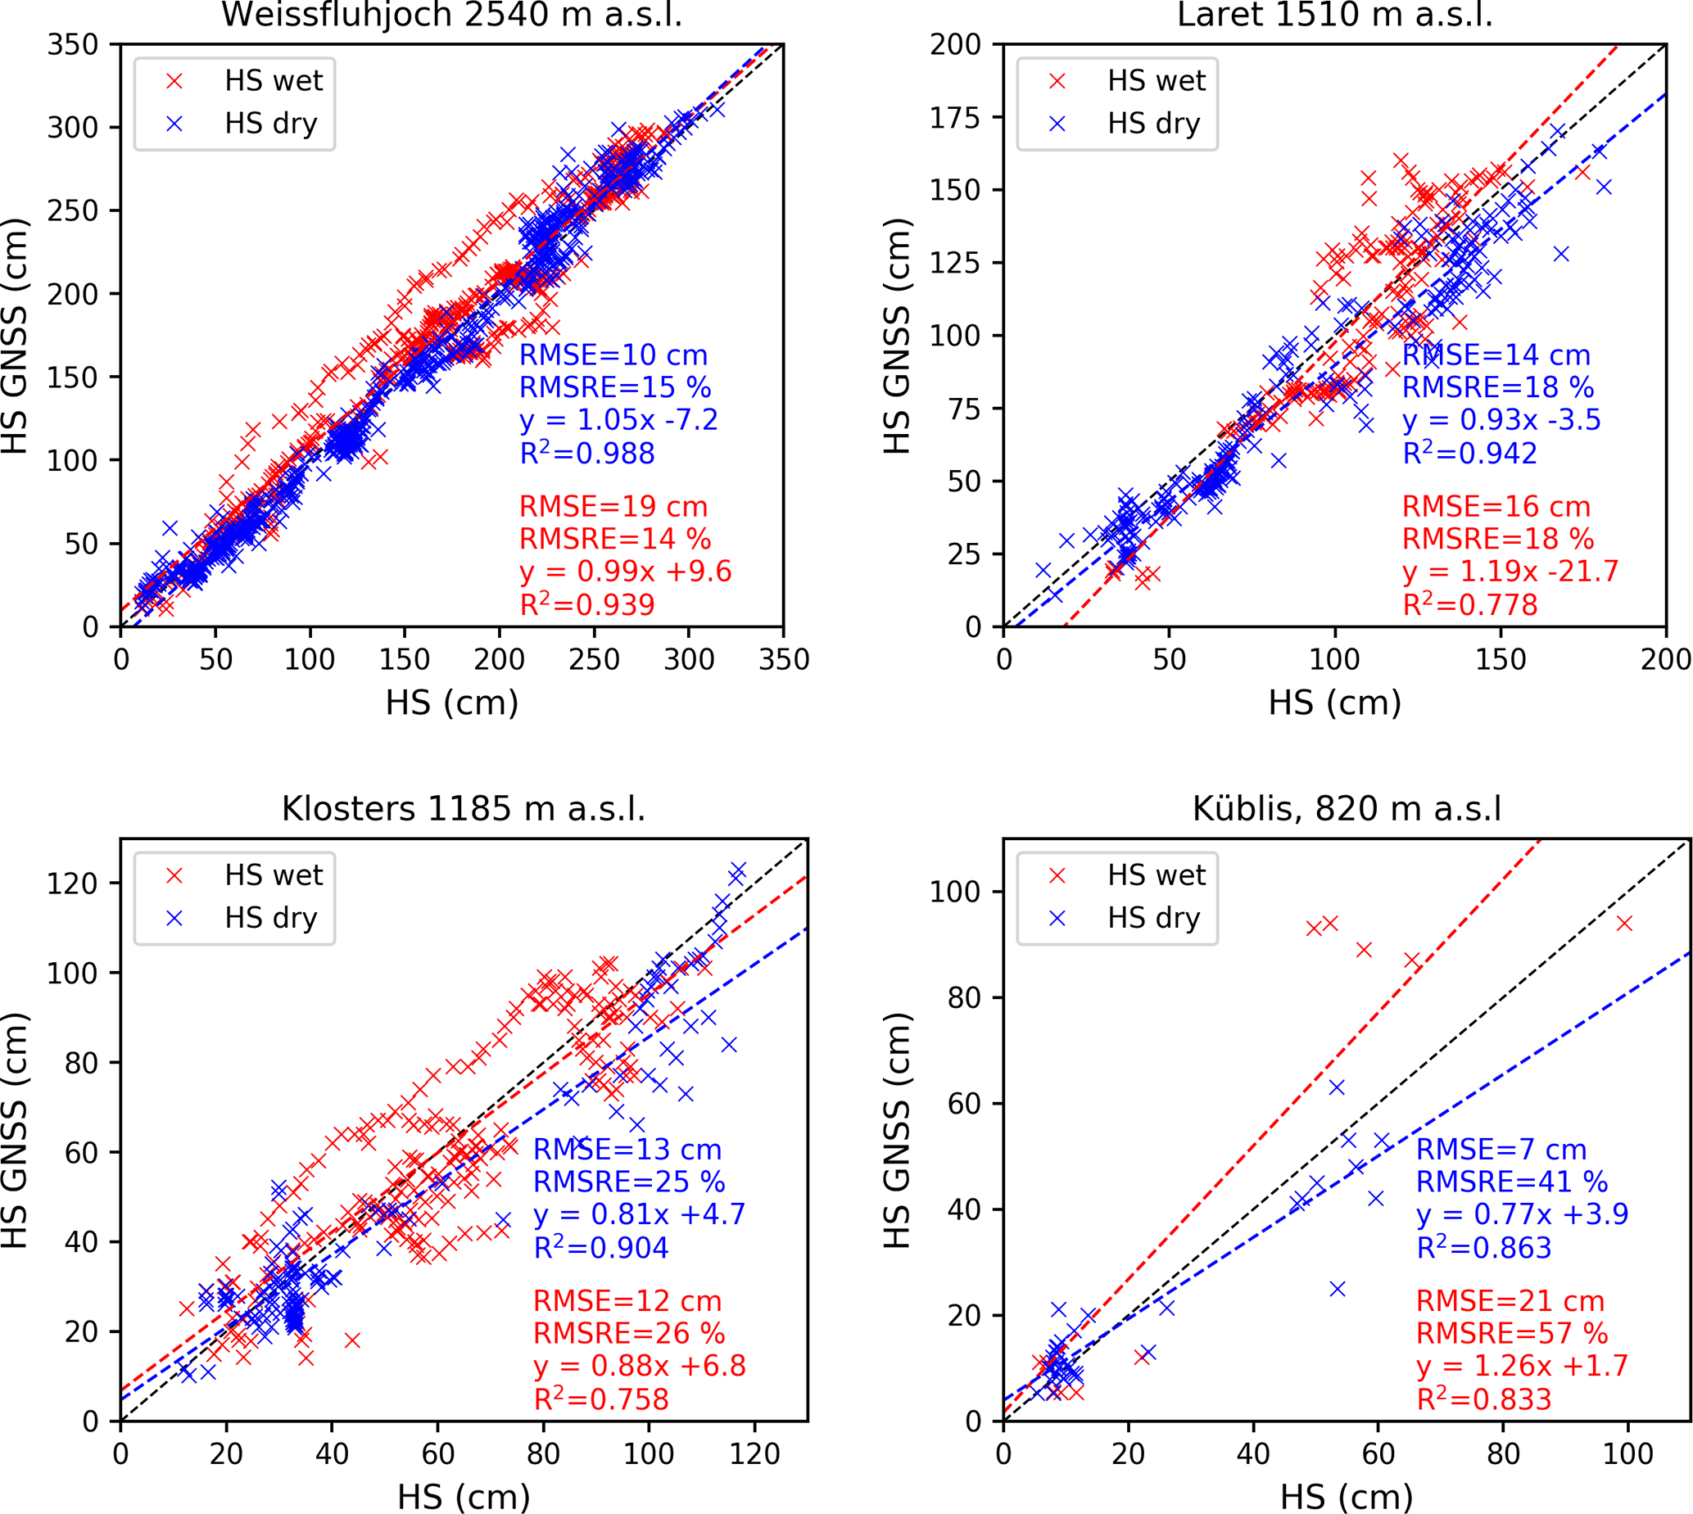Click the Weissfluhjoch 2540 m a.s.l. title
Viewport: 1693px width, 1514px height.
click(451, 15)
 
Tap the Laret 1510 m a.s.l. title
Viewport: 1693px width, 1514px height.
click(1334, 15)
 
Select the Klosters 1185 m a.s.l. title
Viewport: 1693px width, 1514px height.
click(464, 808)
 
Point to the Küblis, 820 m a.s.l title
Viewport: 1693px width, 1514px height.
click(1347, 808)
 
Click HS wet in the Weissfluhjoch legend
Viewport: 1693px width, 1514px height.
click(273, 81)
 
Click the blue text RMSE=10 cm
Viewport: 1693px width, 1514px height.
click(613, 355)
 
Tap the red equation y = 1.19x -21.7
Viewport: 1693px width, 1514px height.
click(1510, 572)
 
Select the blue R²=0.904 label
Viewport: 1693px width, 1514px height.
click(600, 1248)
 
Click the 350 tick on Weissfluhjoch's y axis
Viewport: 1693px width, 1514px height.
click(72, 45)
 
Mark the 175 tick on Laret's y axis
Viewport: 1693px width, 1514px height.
click(956, 117)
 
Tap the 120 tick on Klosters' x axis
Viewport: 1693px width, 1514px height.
click(754, 1454)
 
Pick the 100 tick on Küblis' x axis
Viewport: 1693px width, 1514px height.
click(1627, 1454)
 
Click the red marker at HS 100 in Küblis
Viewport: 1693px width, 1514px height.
click(1623, 924)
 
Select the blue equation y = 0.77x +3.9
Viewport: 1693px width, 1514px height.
click(1522, 1214)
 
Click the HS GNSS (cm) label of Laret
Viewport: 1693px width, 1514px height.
click(897, 336)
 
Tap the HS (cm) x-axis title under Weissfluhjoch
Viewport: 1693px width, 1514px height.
click(452, 703)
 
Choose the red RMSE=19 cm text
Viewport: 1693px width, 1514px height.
click(613, 507)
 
